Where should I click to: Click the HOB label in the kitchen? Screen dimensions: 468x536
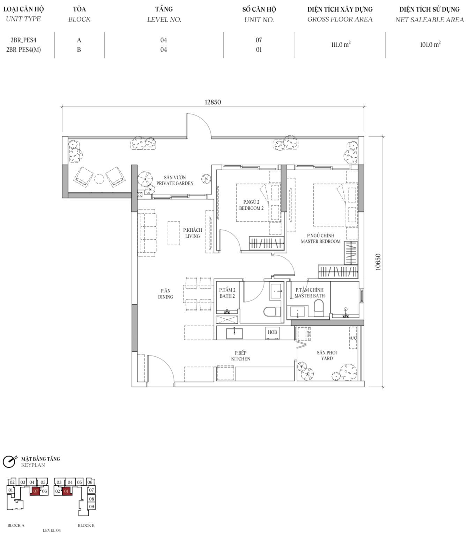tap(272, 332)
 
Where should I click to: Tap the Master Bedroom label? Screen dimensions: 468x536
tap(320, 238)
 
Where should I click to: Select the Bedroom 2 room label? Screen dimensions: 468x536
tap(251, 205)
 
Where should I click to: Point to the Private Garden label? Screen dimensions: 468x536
tap(175, 180)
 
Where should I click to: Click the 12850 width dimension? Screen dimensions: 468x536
tap(213, 102)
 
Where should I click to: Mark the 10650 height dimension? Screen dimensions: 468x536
tap(378, 262)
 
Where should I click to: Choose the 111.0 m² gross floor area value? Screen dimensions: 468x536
tap(341, 45)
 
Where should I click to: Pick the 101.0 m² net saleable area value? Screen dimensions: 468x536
tap(430, 45)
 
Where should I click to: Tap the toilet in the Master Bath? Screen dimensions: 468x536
tap(319, 308)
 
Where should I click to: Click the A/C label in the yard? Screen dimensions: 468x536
tap(353, 338)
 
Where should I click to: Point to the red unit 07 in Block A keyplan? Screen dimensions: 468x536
tap(36, 491)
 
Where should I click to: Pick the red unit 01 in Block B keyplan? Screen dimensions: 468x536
tap(66, 491)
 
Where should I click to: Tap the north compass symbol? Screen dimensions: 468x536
tap(9, 462)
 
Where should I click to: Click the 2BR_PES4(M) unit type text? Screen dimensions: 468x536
tap(24, 50)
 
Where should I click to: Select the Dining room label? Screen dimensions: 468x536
tap(166, 294)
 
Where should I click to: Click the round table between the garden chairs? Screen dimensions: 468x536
tap(99, 179)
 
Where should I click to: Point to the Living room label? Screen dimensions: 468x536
tap(193, 233)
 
